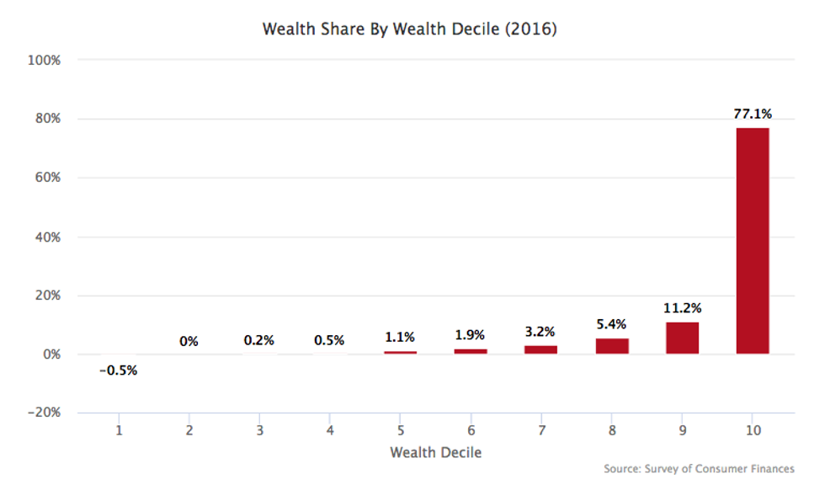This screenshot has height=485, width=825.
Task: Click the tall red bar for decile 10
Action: click(753, 241)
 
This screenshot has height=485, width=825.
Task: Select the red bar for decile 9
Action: click(682, 338)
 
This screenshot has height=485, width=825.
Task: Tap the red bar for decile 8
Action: click(612, 346)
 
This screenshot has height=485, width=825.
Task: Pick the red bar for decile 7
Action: click(540, 349)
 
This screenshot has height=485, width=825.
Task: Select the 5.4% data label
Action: click(612, 322)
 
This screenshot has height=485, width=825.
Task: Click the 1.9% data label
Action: click(471, 334)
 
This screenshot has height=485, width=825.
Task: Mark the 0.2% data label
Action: click(259, 341)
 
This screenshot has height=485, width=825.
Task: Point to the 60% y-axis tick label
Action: click(47, 179)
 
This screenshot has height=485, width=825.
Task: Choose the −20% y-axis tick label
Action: click(44, 413)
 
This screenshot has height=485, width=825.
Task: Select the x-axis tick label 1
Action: click(119, 430)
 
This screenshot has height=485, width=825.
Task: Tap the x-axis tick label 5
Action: click(401, 430)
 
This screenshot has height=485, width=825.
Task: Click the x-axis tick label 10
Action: click(753, 430)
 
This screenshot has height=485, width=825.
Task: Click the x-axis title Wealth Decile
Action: click(436, 453)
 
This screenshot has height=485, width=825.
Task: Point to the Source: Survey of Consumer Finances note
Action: click(699, 469)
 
